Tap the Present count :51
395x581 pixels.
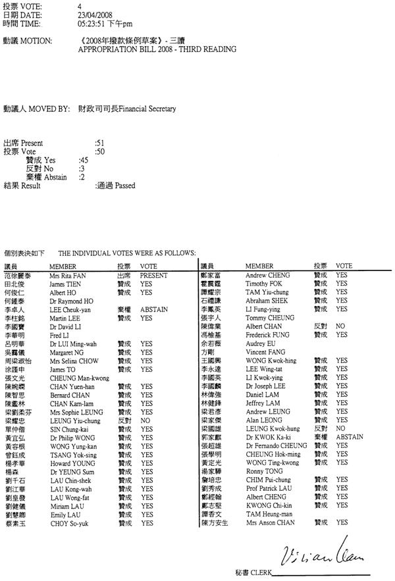[100, 142]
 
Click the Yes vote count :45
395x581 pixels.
[84, 160]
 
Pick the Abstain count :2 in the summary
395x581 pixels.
[82, 177]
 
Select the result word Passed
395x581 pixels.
[125, 186]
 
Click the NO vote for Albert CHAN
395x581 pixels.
[341, 326]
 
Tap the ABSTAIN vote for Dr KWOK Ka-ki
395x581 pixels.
[349, 436]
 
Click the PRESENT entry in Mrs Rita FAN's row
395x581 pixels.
[155, 275]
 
